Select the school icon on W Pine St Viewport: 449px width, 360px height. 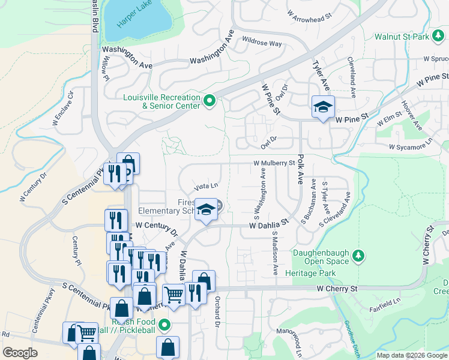pyautogui.click(x=323, y=108)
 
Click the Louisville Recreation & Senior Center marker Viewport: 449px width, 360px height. pyautogui.click(x=209, y=101)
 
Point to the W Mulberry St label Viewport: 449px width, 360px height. pyautogui.click(x=274, y=163)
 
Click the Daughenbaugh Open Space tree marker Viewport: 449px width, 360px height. pyautogui.click(x=358, y=256)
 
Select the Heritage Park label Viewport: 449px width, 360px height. pyautogui.click(x=322, y=272)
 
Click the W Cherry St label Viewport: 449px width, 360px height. pyautogui.click(x=337, y=289)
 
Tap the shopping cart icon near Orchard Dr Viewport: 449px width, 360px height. pyautogui.click(x=173, y=295)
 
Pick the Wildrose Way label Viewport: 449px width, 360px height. pyautogui.click(x=262, y=43)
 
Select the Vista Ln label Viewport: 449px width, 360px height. pyautogui.click(x=205, y=187)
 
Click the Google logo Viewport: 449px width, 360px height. pyautogui.click(x=20, y=353)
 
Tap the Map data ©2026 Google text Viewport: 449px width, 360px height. pyautogui.click(x=412, y=355)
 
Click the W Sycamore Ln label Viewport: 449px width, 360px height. pyautogui.click(x=410, y=146)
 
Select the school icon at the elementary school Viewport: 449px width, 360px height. pyautogui.click(x=206, y=211)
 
